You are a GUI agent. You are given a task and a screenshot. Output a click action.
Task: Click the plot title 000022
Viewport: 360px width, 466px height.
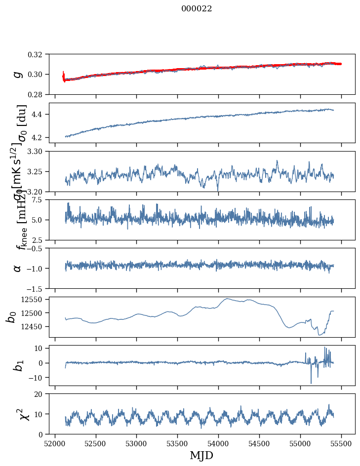click(x=197, y=9)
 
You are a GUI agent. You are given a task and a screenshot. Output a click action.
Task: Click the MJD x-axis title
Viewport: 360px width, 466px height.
click(x=201, y=456)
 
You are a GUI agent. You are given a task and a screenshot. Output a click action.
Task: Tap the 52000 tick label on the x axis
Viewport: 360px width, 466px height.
click(x=55, y=443)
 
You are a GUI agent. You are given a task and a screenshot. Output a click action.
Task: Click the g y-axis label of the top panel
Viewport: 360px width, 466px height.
click(x=18, y=74)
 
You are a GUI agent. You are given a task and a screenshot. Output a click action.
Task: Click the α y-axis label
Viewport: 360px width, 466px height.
click(x=18, y=268)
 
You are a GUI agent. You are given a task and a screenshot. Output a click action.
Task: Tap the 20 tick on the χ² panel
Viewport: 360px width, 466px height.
click(x=41, y=394)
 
